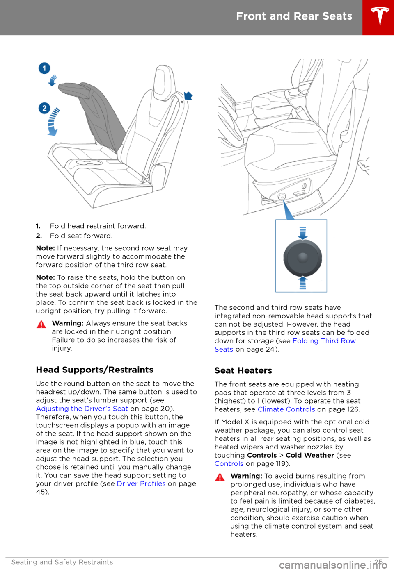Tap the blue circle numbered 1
(x=44, y=68)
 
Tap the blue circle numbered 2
(x=44, y=109)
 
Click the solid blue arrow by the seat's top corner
(x=188, y=96)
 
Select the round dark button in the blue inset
(x=303, y=257)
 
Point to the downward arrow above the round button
(x=303, y=233)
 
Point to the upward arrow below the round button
(x=303, y=282)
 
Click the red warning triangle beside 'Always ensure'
(x=41, y=325)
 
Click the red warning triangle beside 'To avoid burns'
(x=220, y=477)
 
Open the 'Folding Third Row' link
(x=324, y=341)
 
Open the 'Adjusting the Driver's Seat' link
(x=82, y=409)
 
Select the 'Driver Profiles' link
(x=141, y=483)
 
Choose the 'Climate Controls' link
(x=286, y=409)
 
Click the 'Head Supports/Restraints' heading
(x=95, y=370)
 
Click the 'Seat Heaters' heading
(x=243, y=370)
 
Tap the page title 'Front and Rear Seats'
(x=294, y=16)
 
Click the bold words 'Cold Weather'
(x=310, y=455)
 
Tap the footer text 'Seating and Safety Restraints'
(x=62, y=562)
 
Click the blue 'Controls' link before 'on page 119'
(x=229, y=464)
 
